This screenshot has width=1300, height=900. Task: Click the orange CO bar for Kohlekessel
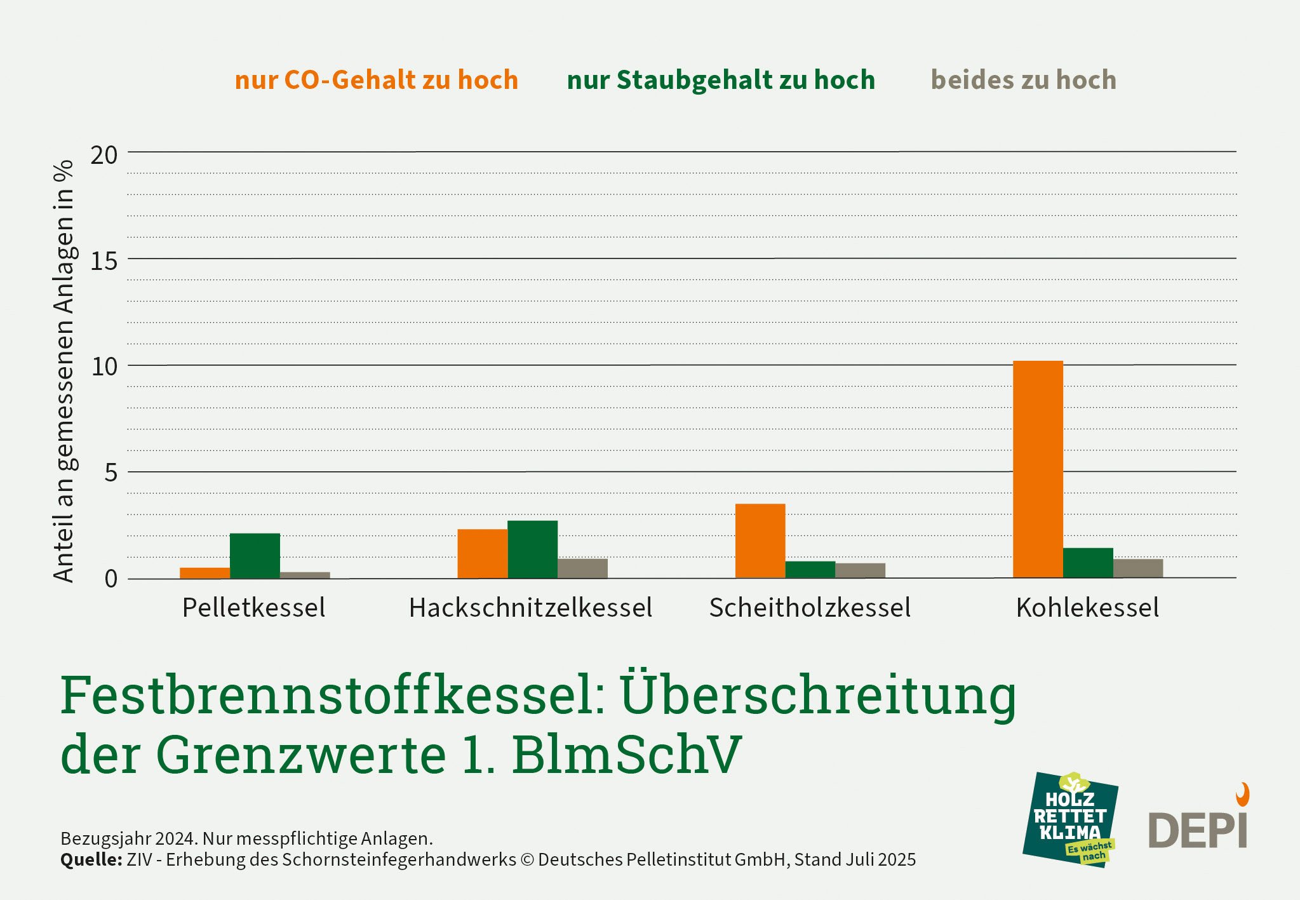pyautogui.click(x=1038, y=469)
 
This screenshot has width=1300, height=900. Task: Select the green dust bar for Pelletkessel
pyautogui.click(x=255, y=556)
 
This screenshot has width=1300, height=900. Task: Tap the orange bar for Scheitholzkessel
pyautogui.click(x=760, y=541)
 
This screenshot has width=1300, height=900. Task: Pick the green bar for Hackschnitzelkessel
pyautogui.click(x=532, y=549)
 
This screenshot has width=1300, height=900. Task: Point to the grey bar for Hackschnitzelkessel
pyautogui.click(x=582, y=568)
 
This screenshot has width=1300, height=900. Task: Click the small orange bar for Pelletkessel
pyautogui.click(x=204, y=573)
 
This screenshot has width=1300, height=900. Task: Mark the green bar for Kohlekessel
pyautogui.click(x=1088, y=563)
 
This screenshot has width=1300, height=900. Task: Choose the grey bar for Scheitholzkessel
pyautogui.click(x=860, y=570)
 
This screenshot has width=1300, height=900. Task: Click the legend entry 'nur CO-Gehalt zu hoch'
pyautogui.click(x=377, y=80)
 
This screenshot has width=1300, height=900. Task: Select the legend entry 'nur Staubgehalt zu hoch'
pyautogui.click(x=721, y=80)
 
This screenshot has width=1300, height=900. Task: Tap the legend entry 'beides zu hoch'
pyautogui.click(x=1023, y=80)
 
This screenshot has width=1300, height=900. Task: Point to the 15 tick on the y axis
pyautogui.click(x=104, y=261)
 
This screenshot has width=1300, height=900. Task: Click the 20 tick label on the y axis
pyautogui.click(x=104, y=155)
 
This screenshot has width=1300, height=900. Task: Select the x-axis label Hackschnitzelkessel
pyautogui.click(x=530, y=608)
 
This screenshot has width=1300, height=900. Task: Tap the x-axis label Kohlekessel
pyautogui.click(x=1087, y=608)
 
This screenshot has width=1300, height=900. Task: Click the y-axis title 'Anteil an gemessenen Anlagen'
pyautogui.click(x=64, y=371)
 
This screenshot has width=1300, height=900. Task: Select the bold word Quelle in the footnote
pyautogui.click(x=91, y=860)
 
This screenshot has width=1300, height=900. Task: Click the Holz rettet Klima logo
pyautogui.click(x=1069, y=820)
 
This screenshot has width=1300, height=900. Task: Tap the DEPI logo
pyautogui.click(x=1198, y=826)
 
